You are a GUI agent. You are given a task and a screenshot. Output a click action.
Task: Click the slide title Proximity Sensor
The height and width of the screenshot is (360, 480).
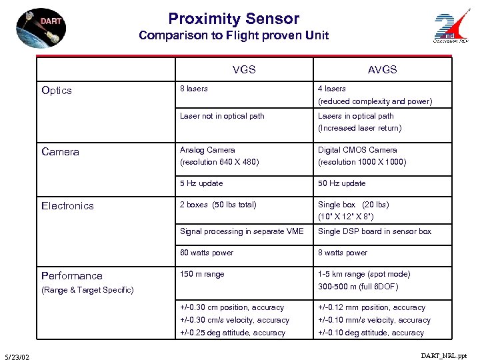[233, 19]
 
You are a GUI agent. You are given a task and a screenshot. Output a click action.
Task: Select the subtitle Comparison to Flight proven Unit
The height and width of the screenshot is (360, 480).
[233, 36]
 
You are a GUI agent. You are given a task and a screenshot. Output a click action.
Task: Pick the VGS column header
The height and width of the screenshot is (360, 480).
[244, 69]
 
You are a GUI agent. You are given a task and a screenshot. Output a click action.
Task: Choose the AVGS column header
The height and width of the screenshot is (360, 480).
[382, 69]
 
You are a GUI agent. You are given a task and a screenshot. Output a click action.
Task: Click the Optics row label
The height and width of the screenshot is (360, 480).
[57, 91]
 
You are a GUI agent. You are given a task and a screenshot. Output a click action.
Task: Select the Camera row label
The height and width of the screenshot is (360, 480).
[60, 152]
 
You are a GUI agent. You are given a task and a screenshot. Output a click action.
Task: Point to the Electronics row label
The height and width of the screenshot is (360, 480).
[67, 206]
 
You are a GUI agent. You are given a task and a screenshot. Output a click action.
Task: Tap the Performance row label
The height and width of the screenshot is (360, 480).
[72, 275]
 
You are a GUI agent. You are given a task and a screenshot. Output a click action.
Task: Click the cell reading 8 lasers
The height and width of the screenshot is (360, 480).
[194, 89]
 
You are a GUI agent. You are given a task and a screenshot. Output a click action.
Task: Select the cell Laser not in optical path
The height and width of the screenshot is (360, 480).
[222, 116]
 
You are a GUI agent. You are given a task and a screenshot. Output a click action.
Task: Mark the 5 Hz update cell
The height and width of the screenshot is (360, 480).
[201, 183]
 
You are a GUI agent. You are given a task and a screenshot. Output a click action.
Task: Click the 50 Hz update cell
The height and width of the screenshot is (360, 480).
[341, 183]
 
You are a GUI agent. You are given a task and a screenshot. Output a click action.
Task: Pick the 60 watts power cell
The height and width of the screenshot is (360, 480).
[207, 253]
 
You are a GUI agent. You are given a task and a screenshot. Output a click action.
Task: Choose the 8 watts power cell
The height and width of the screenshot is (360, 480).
[343, 253]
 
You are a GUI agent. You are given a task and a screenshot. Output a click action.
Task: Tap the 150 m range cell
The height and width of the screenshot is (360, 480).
[202, 274]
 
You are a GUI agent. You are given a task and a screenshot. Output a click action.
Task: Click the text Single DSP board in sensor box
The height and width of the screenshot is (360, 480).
[375, 231]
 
